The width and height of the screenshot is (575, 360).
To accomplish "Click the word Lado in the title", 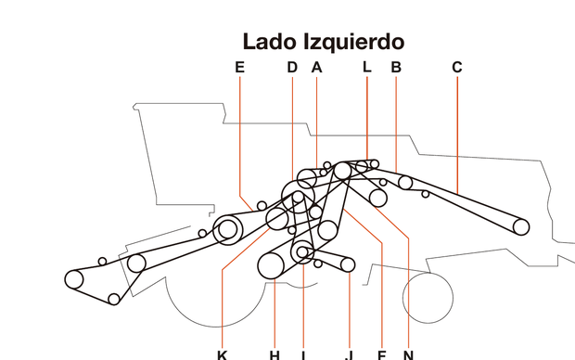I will (267, 42).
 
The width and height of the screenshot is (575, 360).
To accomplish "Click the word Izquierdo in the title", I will (349, 42).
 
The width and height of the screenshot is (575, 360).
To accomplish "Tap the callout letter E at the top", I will (239, 67).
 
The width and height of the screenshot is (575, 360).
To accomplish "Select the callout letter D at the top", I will (291, 67).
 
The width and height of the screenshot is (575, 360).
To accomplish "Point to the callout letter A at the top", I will (316, 67).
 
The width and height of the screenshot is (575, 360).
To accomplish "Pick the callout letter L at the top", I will (366, 67).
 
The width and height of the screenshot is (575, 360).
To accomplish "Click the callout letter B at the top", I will (396, 67).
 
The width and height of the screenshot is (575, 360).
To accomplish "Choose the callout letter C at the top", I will (456, 67).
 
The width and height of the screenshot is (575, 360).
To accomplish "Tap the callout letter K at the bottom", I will (222, 354).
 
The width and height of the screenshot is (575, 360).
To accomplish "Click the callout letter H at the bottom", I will (275, 354).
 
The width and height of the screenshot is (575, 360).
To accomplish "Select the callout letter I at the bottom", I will (303, 354).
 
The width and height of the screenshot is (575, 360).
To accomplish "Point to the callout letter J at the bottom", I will (349, 354).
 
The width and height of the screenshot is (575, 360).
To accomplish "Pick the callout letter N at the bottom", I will (408, 354).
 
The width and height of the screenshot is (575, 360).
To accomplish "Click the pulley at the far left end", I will (74, 277).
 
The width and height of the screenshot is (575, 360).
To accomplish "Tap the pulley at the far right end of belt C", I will (520, 225).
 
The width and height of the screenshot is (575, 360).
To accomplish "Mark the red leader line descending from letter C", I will (456, 130).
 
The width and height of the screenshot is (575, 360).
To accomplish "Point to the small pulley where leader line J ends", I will (348, 265).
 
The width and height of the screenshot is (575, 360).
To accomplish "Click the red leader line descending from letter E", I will (239, 139).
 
